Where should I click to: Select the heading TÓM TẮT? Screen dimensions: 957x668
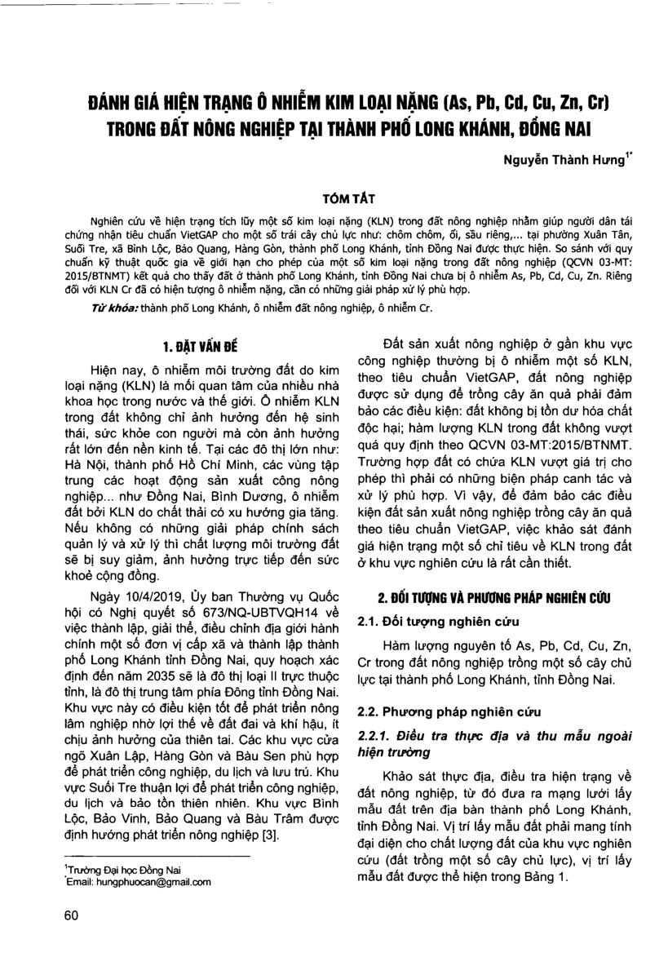click(x=334, y=196)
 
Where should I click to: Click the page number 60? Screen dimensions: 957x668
click(x=69, y=915)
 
